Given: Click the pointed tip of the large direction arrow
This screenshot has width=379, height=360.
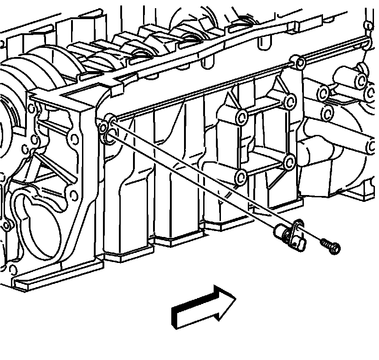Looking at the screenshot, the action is [235, 299].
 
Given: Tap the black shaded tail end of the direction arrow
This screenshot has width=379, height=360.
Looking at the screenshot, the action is [175, 317].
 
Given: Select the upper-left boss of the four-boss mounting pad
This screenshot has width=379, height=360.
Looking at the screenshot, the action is [242, 118].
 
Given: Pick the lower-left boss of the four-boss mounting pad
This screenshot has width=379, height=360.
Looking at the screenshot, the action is [241, 176].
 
